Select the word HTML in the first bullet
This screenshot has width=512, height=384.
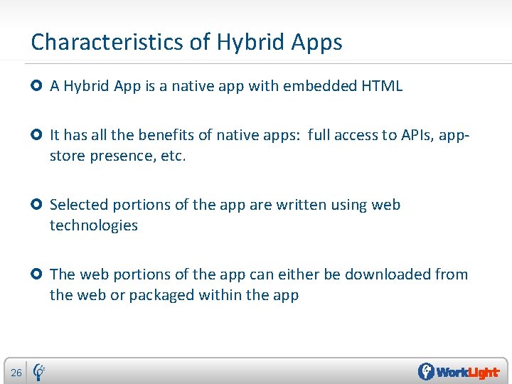[x=382, y=86]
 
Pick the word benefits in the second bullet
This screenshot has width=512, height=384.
[x=164, y=135]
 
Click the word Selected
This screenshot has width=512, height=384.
[x=78, y=205]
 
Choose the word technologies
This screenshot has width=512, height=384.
[x=93, y=225]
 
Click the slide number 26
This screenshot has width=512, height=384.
[x=16, y=373]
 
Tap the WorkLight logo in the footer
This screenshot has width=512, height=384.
[x=459, y=372]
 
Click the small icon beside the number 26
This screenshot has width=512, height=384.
[x=40, y=371]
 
